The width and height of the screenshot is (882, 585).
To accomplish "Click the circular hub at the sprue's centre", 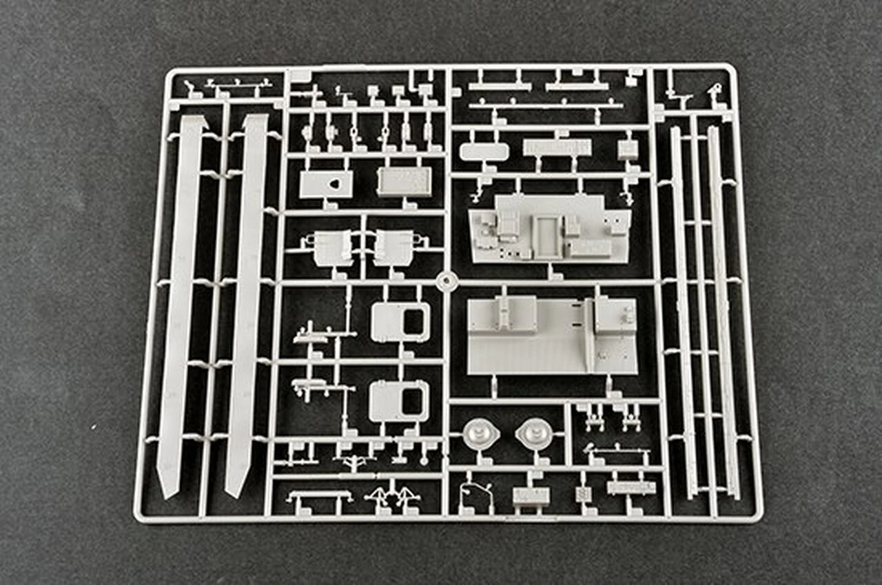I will point(447,281).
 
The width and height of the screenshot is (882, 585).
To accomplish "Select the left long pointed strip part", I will point(181,303).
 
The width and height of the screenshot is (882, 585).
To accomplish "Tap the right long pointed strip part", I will point(246,303).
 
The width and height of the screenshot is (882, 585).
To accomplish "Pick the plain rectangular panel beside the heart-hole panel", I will point(405,181).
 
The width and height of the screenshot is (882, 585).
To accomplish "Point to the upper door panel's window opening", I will point(415,322).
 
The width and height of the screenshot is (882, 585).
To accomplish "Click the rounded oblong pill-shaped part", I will point(484,152).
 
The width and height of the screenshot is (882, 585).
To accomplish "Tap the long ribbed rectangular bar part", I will point(557,147).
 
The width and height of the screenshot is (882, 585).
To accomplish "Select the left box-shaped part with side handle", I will point(333,247).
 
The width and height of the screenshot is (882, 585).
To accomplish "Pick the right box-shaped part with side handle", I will point(393,247).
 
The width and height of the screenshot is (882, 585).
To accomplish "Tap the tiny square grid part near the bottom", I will point(584,494).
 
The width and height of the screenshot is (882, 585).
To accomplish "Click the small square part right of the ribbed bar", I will point(628,150).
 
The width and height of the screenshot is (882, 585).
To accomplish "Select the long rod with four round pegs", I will point(546,105).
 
